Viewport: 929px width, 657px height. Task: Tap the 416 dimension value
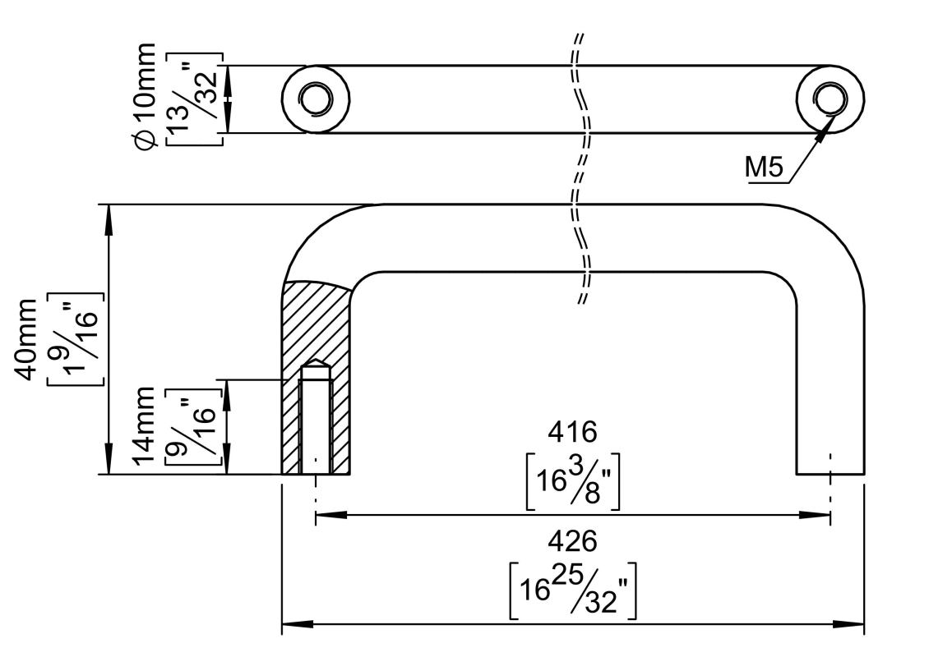click(572, 431)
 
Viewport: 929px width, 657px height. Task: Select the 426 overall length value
click(572, 541)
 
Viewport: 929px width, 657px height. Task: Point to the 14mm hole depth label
click(145, 427)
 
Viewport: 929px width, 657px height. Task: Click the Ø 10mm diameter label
click(145, 99)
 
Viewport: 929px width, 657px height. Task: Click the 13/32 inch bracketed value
click(194, 99)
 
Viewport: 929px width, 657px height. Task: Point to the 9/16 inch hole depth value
click(194, 427)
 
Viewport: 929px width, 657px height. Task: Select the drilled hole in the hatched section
click(315, 423)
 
